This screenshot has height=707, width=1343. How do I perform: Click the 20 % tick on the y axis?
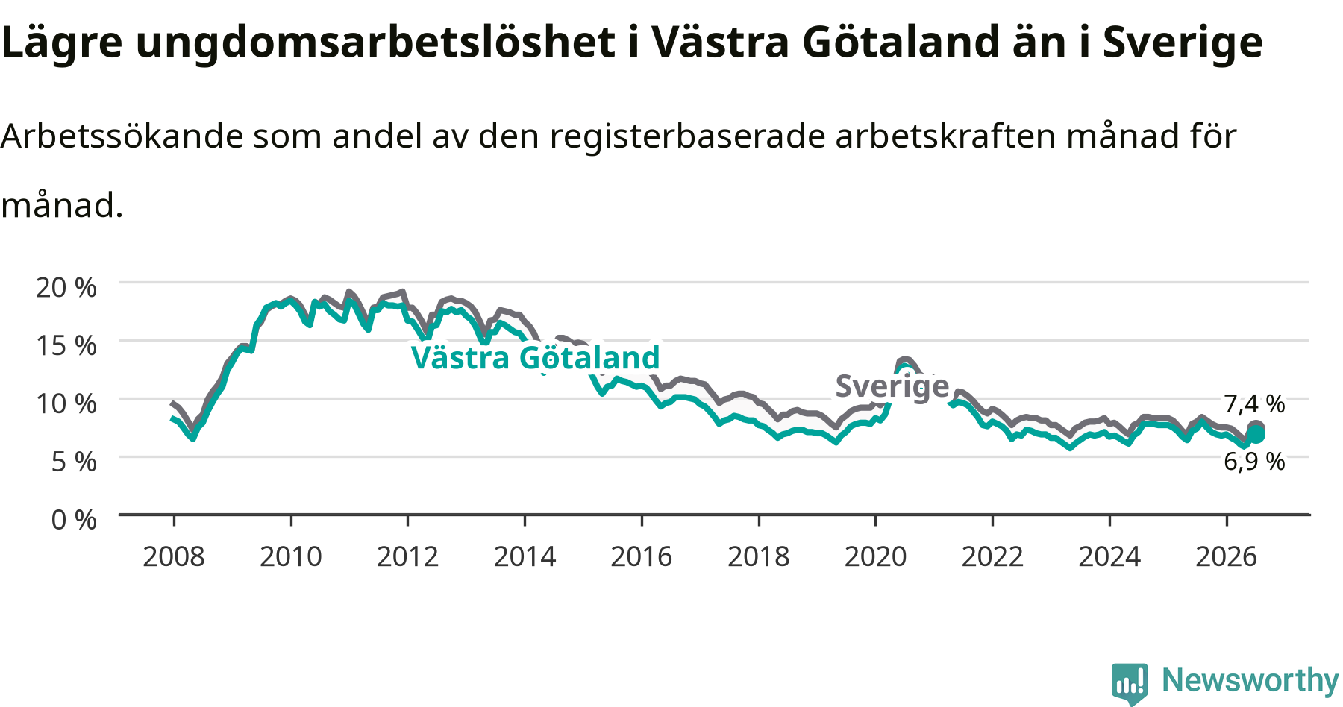pos(66,287)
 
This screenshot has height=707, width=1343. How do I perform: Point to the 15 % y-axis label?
pos(66,345)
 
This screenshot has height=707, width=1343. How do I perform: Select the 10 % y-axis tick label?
pos(66,403)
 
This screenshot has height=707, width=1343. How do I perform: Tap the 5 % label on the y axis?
pos(74,462)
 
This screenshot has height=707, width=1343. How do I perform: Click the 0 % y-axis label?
pos(74,520)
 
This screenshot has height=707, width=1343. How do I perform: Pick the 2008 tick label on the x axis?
pos(174,556)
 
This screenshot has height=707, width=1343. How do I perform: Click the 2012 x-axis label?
pos(407,556)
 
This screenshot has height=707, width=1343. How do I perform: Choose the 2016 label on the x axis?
pos(642,556)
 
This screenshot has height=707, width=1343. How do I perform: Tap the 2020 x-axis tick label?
pos(875,556)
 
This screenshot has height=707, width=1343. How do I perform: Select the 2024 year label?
pos(1109,556)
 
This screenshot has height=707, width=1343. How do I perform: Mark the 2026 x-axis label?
pos(1227,556)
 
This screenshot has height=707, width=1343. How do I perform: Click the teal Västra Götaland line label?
pos(536,358)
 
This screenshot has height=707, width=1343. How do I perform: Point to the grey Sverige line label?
pos(892,387)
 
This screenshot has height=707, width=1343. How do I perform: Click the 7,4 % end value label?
pos(1254,404)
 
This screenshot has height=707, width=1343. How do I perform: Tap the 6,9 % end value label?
pos(1254,462)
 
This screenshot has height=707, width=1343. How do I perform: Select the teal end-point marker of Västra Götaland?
pos(1256,435)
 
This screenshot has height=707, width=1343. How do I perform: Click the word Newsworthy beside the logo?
pos(1250,680)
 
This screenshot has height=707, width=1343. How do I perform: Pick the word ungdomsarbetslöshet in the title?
pos(375,43)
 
